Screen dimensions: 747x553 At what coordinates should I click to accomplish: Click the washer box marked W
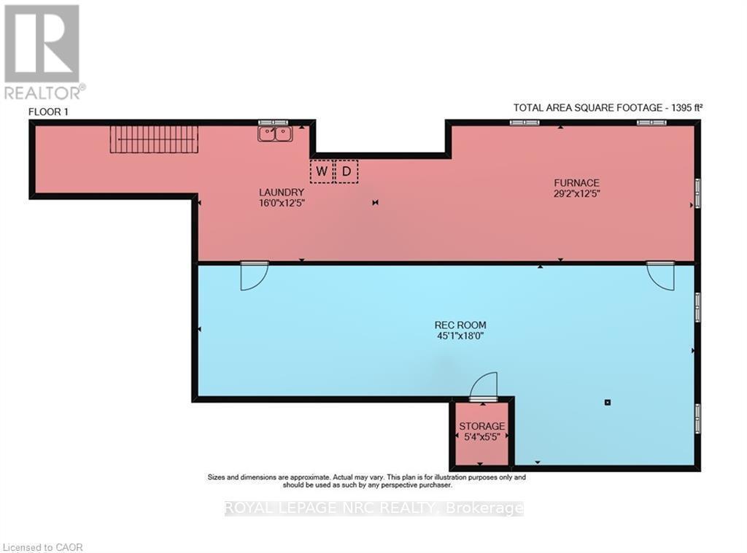pos(322,171)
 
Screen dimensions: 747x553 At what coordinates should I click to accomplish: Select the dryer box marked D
pos(347,171)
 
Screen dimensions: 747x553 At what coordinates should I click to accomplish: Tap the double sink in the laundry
pos(275,134)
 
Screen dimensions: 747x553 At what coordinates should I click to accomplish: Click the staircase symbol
pos(154,139)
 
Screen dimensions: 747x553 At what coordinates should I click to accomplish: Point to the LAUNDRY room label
pos(282,193)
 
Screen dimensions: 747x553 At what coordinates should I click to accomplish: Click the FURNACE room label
pos(576,183)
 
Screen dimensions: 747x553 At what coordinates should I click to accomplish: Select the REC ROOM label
pos(460,325)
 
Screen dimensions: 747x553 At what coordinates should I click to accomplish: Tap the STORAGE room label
pos(481,426)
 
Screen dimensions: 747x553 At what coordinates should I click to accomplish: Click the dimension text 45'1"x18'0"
pos(460,336)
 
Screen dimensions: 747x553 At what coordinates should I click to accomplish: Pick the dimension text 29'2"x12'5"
pos(576,194)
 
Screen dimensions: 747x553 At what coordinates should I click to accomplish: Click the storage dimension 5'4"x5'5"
pos(481,437)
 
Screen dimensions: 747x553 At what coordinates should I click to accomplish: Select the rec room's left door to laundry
pos(255,276)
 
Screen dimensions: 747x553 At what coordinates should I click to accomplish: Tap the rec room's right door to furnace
pos(660,276)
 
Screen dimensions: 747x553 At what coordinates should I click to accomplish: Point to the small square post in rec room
pos(608,403)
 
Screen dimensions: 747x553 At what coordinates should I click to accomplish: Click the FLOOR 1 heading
pos(49,112)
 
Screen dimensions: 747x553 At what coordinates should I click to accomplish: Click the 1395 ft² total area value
pos(687,108)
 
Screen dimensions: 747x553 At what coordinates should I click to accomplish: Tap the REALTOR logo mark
pos(42,44)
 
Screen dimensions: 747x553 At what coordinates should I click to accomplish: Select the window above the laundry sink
pos(274,123)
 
